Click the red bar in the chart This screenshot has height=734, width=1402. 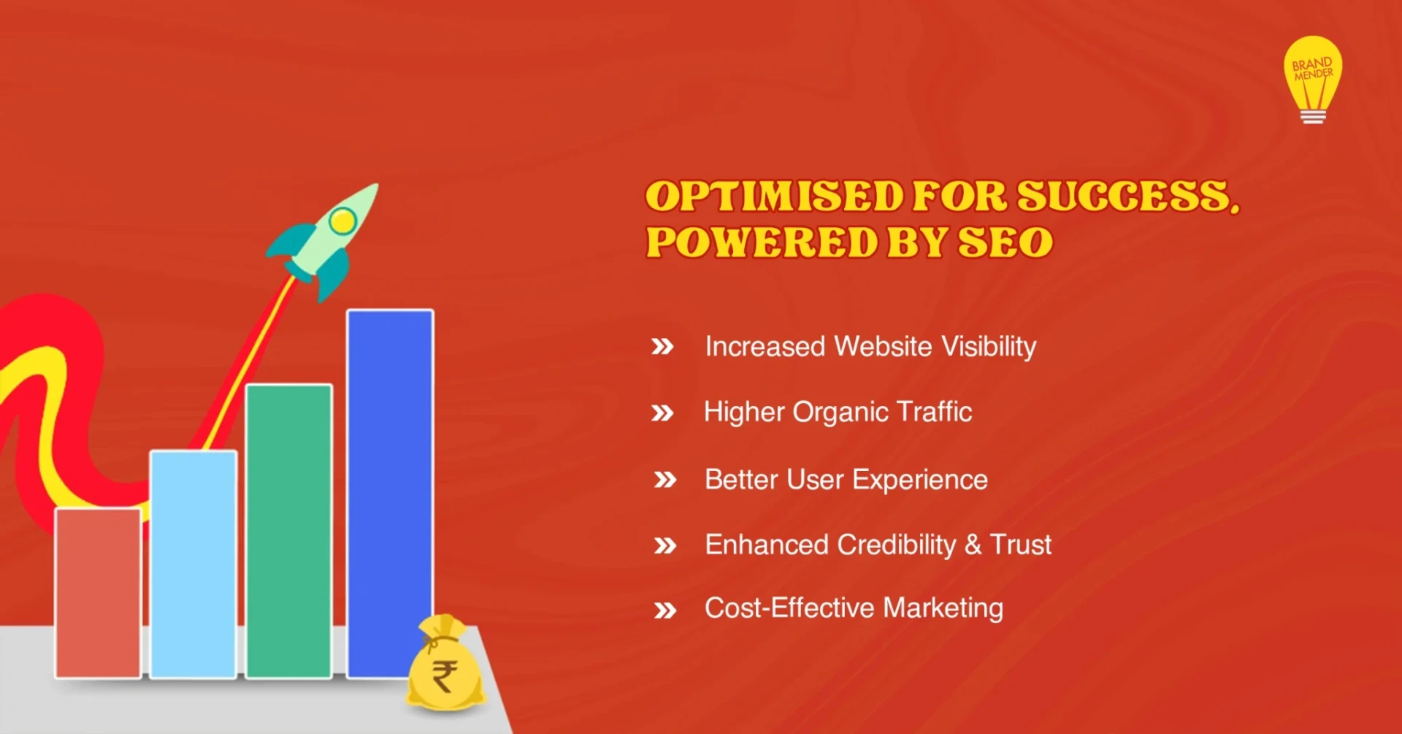click(x=98, y=592)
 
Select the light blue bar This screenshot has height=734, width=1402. click(x=194, y=564)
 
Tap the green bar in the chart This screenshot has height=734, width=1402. click(x=289, y=531)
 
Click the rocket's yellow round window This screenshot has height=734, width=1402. click(x=342, y=221)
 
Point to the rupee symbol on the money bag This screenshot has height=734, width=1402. click(x=445, y=676)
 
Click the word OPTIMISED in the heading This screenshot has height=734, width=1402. click(x=775, y=196)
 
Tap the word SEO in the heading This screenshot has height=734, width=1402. click(x=1005, y=242)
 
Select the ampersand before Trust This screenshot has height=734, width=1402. click(x=973, y=545)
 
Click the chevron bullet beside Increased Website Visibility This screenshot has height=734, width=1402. click(x=662, y=347)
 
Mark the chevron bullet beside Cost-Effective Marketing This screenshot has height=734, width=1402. click(x=665, y=611)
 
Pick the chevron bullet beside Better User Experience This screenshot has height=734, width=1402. click(x=665, y=481)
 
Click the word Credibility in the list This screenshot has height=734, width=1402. click(x=896, y=545)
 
